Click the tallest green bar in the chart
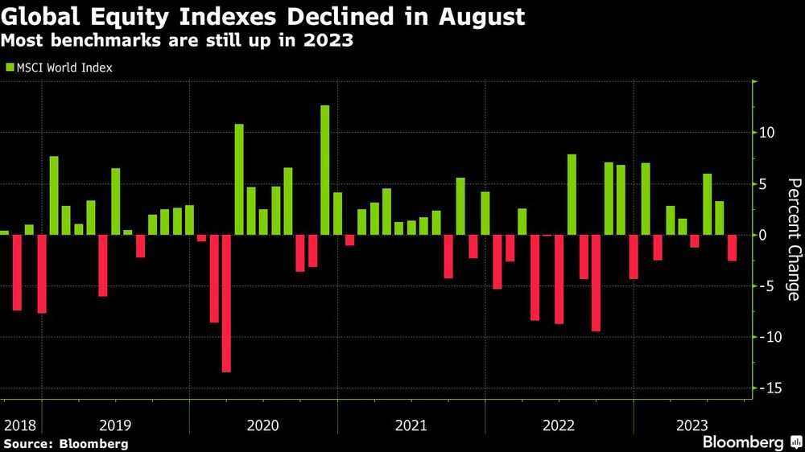(x=325, y=170)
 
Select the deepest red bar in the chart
(x=226, y=303)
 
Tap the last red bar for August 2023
(x=732, y=248)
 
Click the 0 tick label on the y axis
(x=767, y=236)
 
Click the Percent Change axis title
(x=793, y=240)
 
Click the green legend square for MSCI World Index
(x=9, y=68)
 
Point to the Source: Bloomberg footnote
(x=66, y=444)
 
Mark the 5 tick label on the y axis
(x=767, y=184)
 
